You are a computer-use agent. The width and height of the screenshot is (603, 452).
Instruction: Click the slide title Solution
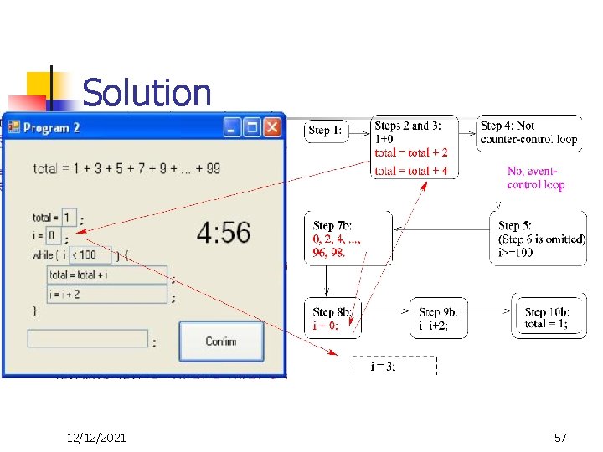pos(147,93)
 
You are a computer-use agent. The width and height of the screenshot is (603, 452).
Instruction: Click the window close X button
pos(272,127)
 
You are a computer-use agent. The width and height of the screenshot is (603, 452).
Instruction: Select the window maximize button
pos(252,127)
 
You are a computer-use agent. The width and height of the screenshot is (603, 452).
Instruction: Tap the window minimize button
pos(232,127)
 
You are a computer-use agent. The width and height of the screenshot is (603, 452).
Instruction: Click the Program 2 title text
pos(52,128)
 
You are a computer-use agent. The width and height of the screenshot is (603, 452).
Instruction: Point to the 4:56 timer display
pos(224,232)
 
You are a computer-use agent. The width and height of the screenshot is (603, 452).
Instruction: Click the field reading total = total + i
pos(106,275)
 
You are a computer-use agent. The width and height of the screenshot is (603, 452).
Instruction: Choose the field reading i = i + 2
pos(106,294)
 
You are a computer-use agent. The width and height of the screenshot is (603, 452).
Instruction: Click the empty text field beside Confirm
pos(88,339)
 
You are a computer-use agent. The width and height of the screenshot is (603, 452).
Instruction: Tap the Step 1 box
pos(326,130)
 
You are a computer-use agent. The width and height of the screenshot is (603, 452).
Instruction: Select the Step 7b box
pos(348,239)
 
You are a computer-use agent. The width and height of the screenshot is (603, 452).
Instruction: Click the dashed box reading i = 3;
pos(394,366)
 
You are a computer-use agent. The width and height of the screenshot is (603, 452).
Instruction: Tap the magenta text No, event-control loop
pos(536,178)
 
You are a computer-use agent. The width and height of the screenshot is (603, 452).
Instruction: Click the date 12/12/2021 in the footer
pos(96,437)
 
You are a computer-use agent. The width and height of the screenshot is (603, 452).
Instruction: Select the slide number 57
pos(560,437)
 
